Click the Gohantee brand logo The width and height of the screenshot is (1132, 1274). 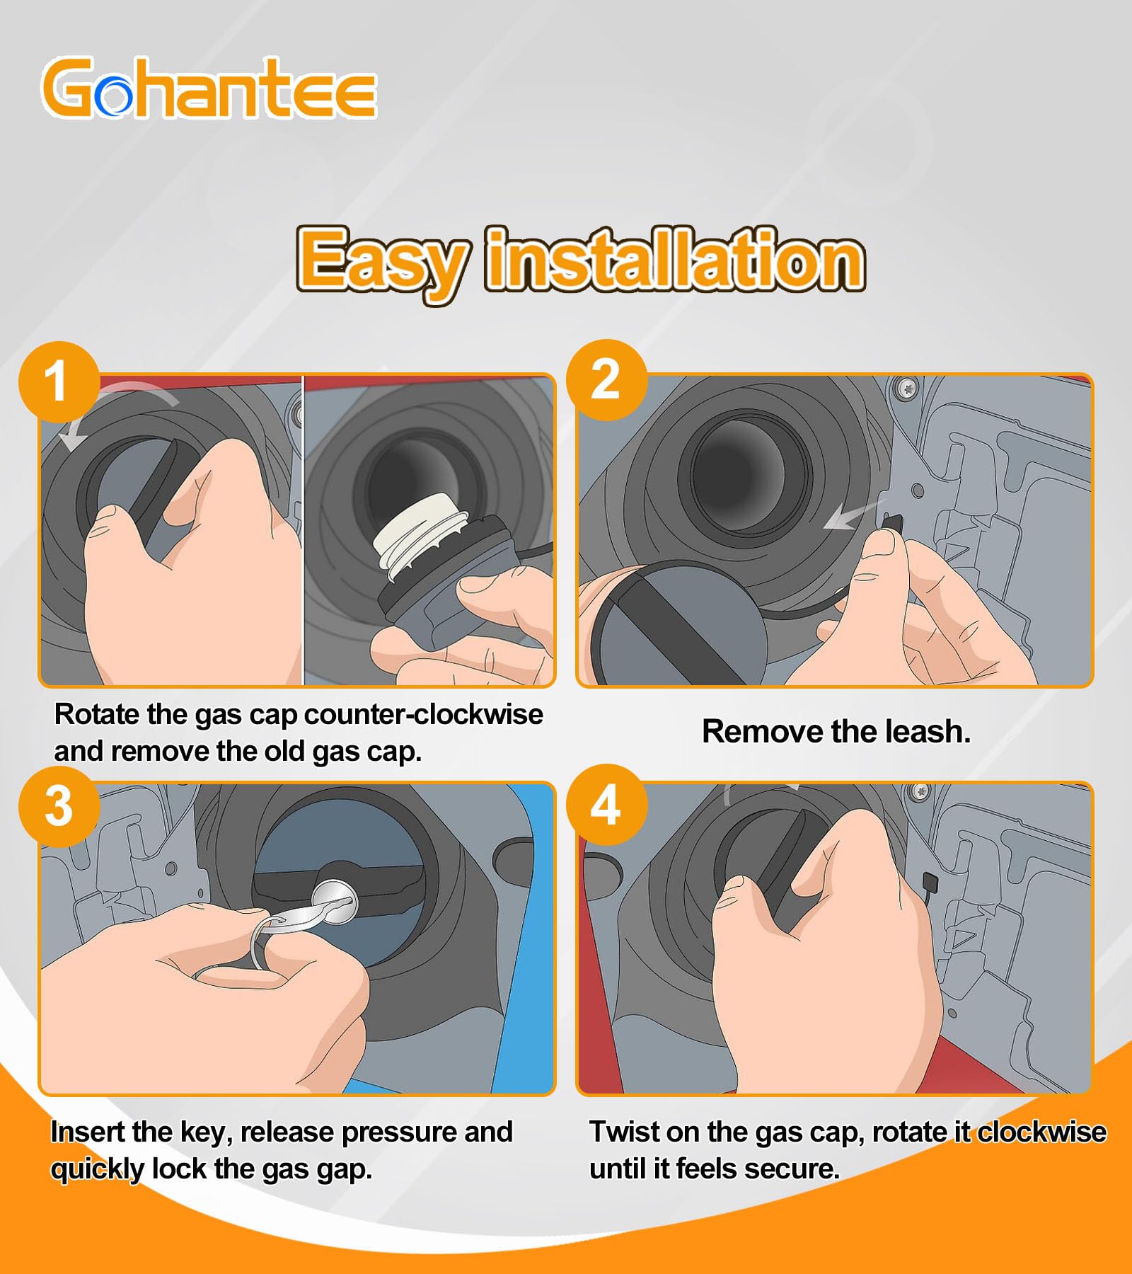209,88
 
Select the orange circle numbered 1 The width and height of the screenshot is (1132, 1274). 59,382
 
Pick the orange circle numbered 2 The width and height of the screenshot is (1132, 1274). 606,380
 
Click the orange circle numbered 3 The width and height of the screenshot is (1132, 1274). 59,806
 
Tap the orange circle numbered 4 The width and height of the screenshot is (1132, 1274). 606,805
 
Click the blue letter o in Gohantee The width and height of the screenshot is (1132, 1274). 113,97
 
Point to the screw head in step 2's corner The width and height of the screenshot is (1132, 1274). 908,388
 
